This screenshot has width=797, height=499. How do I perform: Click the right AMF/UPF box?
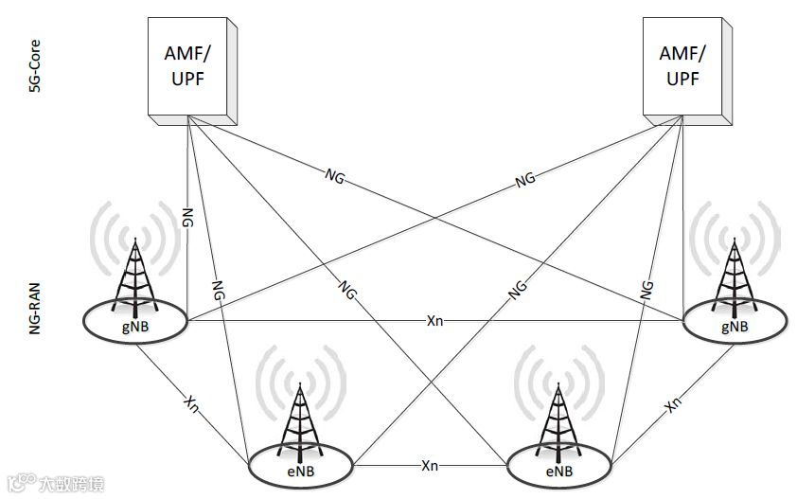click(683, 68)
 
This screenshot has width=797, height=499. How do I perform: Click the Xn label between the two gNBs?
click(435, 321)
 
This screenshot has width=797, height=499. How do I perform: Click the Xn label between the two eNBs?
click(430, 466)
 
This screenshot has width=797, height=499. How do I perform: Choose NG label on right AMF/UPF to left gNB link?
click(524, 178)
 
